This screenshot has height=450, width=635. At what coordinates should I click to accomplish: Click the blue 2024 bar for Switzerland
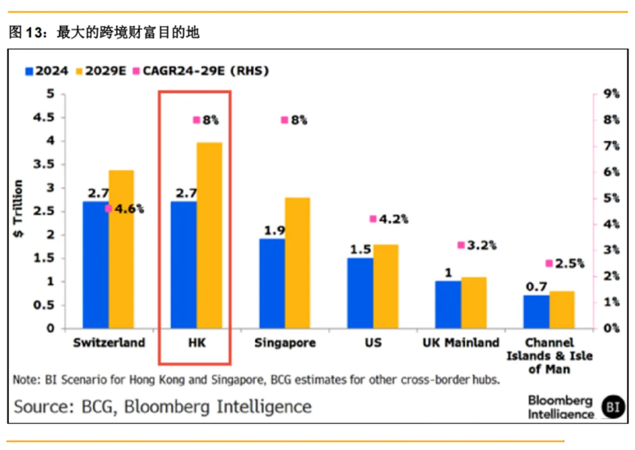click(x=95, y=265)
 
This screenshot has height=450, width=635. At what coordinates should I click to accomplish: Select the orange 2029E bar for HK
click(x=209, y=236)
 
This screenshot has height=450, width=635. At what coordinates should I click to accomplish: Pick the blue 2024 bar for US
click(x=360, y=293)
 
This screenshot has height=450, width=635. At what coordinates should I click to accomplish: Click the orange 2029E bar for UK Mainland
click(x=474, y=303)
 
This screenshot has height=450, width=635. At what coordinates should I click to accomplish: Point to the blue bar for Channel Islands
click(x=536, y=312)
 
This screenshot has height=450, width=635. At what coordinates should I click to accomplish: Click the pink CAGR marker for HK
click(x=197, y=120)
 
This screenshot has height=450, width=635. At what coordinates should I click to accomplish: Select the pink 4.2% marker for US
click(x=373, y=219)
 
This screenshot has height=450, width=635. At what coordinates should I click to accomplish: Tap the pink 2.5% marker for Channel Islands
click(x=549, y=264)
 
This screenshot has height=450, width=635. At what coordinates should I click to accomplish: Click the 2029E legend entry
click(x=100, y=71)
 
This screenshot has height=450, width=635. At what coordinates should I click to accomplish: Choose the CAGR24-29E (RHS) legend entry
click(x=200, y=71)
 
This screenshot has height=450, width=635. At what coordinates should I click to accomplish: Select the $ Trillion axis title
click(x=18, y=209)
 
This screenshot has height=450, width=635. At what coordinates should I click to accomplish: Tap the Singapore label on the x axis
click(x=285, y=343)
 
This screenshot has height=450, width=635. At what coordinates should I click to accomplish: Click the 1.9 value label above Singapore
click(x=272, y=230)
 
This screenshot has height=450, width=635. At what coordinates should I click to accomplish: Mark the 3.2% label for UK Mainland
click(x=482, y=245)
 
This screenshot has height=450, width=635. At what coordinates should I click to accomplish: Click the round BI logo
click(x=613, y=406)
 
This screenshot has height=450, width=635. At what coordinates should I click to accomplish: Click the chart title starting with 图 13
click(x=104, y=32)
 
